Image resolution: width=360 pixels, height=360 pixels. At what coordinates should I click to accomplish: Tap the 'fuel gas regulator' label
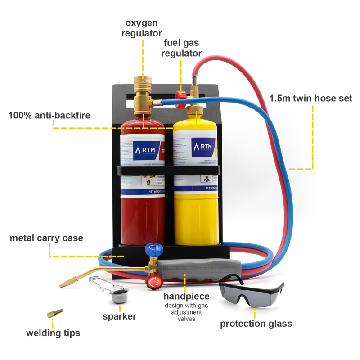click(181, 48)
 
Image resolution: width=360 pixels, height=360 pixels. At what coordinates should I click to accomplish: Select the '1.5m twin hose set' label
click(310, 98)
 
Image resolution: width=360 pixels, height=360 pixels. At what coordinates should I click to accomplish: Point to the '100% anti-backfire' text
click(49, 115)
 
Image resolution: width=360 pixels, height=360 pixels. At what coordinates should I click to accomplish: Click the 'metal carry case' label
click(46, 238)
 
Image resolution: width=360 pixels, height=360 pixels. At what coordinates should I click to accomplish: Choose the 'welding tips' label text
click(53, 333)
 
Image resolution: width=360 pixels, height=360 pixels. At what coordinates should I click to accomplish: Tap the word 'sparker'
click(119, 316)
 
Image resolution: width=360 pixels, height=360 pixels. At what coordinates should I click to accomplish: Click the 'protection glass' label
click(256, 324)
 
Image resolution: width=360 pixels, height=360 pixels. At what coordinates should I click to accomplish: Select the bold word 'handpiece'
click(186, 297)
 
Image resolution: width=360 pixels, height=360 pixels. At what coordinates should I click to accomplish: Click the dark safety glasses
click(252, 294)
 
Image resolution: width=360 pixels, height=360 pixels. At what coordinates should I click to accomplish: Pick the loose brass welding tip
click(55, 313)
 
